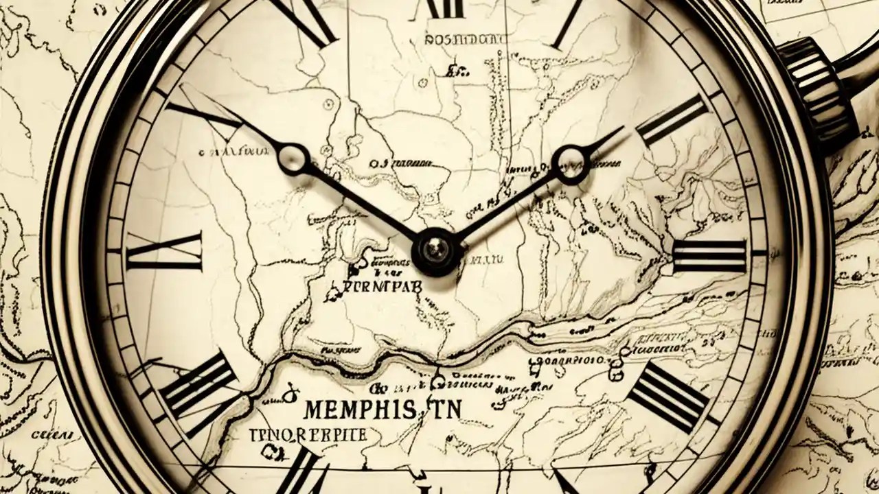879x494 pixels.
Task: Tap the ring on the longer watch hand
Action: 294,158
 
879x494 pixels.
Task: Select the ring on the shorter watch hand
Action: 570,163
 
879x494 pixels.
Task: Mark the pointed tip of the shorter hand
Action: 622,128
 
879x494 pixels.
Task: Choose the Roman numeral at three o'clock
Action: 709,256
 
